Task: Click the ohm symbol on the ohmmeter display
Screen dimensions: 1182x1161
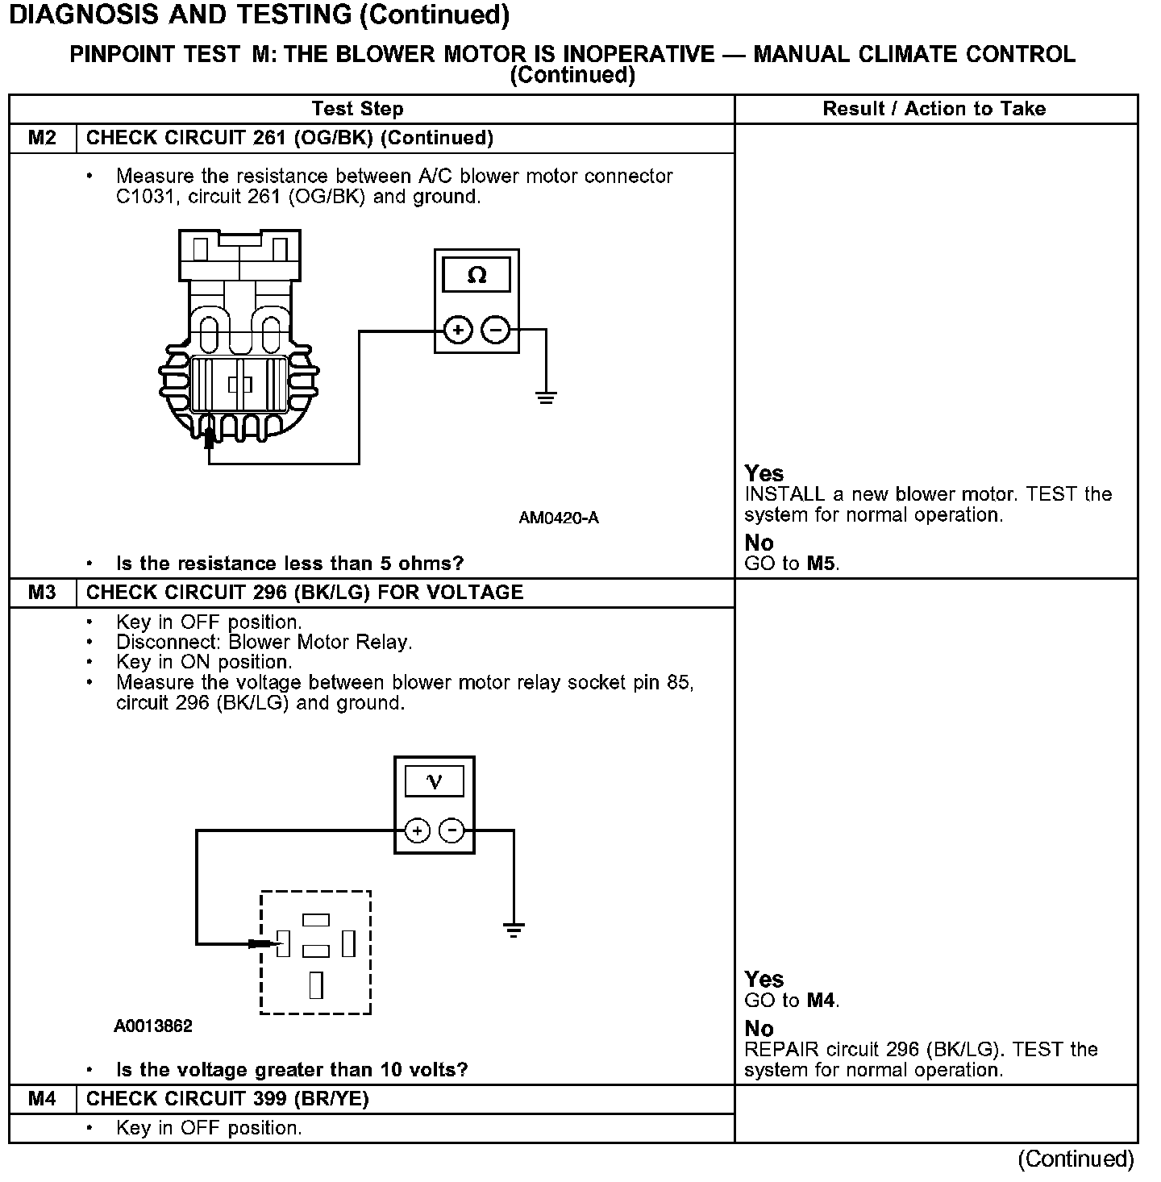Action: (x=476, y=276)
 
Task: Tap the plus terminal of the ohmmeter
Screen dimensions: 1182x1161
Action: (x=458, y=330)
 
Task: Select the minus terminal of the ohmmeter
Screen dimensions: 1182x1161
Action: (x=496, y=330)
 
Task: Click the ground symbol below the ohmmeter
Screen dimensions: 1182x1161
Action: (x=546, y=397)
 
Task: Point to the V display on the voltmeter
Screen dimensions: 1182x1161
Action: (x=434, y=781)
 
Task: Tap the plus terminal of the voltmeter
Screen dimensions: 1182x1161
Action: (x=417, y=830)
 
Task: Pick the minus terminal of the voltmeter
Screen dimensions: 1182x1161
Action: (x=452, y=830)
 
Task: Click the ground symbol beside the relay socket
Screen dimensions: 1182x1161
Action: (x=514, y=930)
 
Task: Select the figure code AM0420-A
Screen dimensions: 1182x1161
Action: (x=559, y=518)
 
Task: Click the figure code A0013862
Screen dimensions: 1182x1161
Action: (x=153, y=1026)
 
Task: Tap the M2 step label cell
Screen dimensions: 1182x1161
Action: (x=42, y=138)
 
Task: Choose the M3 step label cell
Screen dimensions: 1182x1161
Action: (x=42, y=593)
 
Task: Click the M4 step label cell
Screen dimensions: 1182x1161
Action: (x=42, y=1099)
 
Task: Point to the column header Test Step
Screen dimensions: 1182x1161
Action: (x=357, y=109)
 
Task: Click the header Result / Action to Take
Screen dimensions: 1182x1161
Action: (x=934, y=109)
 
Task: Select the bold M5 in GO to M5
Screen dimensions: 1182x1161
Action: (x=822, y=564)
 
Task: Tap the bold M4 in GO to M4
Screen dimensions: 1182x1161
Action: (x=822, y=1001)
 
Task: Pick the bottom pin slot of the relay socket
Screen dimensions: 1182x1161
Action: (x=316, y=985)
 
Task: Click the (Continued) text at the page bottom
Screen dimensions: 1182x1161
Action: (x=1076, y=1159)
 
